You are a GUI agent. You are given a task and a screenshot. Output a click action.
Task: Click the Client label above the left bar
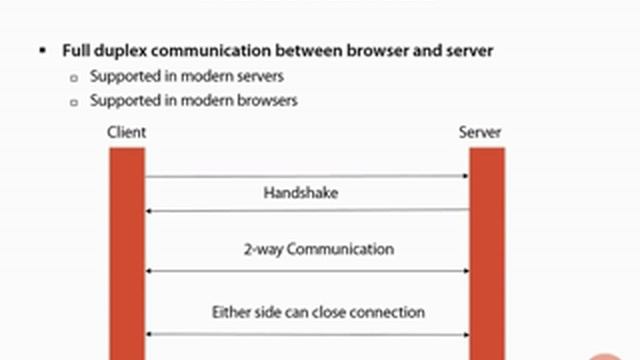pyautogui.click(x=126, y=132)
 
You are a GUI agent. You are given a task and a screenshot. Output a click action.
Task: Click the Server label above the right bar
pyautogui.click(x=480, y=132)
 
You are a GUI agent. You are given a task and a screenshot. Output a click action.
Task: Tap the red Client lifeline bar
pyautogui.click(x=127, y=250)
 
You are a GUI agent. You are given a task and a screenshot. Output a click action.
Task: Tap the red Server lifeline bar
pyautogui.click(x=487, y=250)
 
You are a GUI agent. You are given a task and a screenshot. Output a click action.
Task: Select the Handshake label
pyautogui.click(x=300, y=193)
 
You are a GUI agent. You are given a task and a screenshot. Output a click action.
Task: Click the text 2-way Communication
pyautogui.click(x=318, y=249)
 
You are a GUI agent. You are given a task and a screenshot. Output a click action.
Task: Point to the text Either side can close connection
pyautogui.click(x=318, y=312)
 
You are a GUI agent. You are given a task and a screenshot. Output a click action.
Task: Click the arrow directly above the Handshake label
pyautogui.click(x=307, y=176)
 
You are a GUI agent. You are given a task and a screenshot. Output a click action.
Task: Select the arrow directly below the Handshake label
pyautogui.click(x=307, y=210)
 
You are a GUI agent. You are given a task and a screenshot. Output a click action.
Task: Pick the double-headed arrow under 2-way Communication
pyautogui.click(x=307, y=271)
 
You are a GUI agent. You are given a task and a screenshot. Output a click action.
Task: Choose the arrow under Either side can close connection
pyautogui.click(x=307, y=334)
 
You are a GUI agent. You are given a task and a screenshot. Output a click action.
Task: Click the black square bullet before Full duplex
pyautogui.click(x=43, y=49)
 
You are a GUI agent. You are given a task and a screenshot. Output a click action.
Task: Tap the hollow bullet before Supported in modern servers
pyautogui.click(x=74, y=77)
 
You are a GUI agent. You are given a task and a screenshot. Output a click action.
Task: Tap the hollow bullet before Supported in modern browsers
pyautogui.click(x=74, y=101)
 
